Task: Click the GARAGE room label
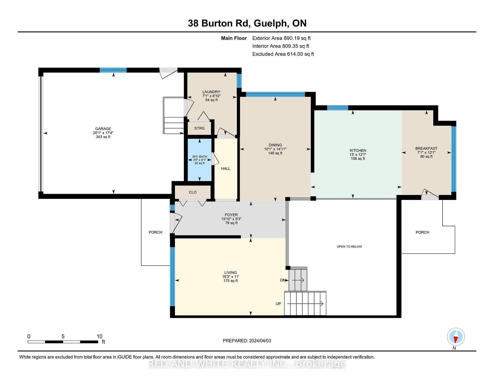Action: click(103, 129)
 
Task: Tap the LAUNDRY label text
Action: click(211, 92)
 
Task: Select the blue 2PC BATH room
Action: click(199, 160)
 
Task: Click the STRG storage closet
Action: click(199, 128)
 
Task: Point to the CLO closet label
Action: click(193, 192)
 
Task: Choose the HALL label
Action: click(226, 169)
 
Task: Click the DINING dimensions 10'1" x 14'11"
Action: click(275, 149)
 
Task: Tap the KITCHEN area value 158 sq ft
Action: click(358, 159)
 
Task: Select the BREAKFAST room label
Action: click(426, 149)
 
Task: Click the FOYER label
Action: click(231, 215)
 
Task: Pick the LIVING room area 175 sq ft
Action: click(231, 281)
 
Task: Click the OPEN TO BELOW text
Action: click(349, 247)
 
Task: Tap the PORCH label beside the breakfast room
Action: click(422, 232)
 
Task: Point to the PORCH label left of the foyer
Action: click(155, 232)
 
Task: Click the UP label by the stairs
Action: click(278, 304)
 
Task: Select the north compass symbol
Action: click(456, 337)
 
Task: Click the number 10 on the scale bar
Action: click(100, 336)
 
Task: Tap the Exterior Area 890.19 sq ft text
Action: click(281, 38)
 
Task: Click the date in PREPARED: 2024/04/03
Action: click(260, 341)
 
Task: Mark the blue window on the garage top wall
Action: click(113, 70)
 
